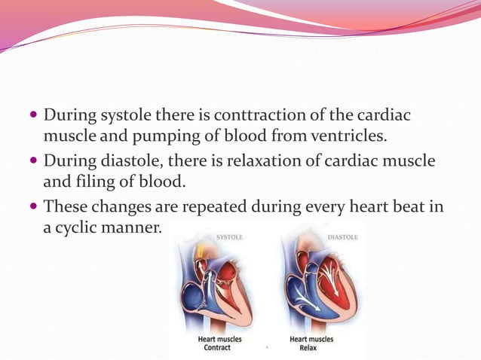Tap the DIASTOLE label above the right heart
[x=342, y=236]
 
